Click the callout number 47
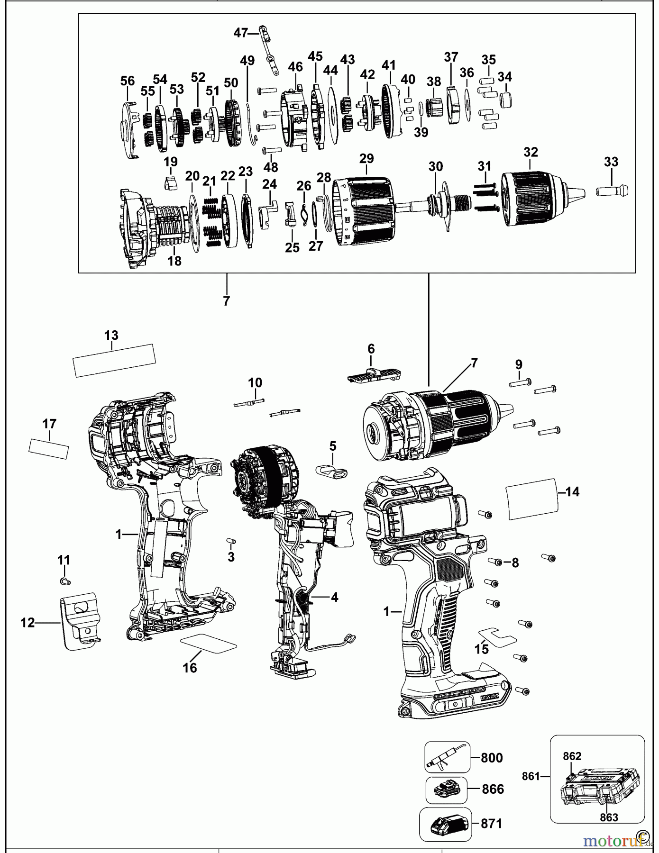pos(240,33)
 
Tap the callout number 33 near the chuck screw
pos(611,162)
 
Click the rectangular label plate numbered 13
pos(114,360)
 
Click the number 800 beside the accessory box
pos(492,757)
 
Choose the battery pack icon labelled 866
pos(446,790)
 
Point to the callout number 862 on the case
pos(572,756)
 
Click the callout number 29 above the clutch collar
pos(366,159)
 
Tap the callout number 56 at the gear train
pos(128,81)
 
